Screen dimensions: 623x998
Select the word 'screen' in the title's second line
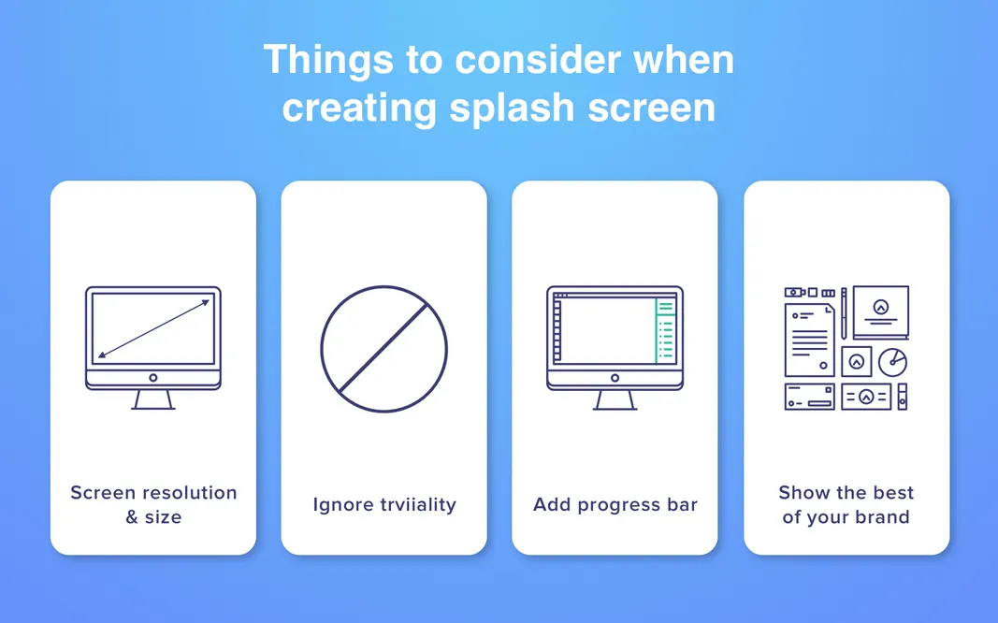pyautogui.click(x=652, y=108)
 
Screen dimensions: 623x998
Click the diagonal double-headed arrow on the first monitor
pyautogui.click(x=153, y=327)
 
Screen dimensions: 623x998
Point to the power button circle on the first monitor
pyautogui.click(x=153, y=378)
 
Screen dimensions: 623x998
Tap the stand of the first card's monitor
pyautogui.click(x=153, y=399)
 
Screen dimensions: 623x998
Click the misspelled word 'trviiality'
pyautogui.click(x=418, y=505)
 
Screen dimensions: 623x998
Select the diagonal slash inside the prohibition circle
pyautogui.click(x=383, y=348)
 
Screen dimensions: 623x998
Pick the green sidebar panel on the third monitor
pyautogui.click(x=665, y=331)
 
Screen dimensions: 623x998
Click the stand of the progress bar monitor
pyautogui.click(x=615, y=399)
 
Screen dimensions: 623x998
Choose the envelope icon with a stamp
pyautogui.click(x=810, y=397)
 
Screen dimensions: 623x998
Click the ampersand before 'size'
pyautogui.click(x=132, y=517)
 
